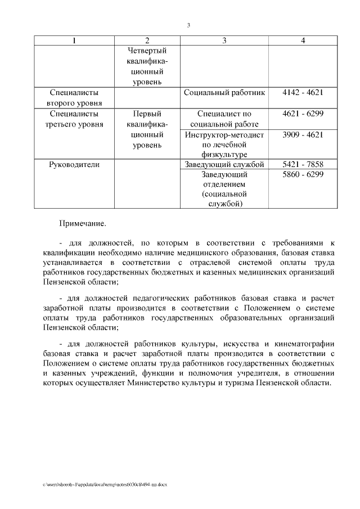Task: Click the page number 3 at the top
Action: (x=188, y=25)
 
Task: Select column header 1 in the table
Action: (x=74, y=40)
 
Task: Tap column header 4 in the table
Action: (x=303, y=40)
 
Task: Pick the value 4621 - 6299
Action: (x=303, y=114)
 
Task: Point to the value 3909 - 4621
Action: (x=303, y=135)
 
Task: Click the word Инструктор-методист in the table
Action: (x=224, y=135)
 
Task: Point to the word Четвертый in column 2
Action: (x=147, y=51)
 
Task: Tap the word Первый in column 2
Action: (x=147, y=114)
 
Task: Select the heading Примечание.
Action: (x=83, y=224)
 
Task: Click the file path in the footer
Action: (x=105, y=484)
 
